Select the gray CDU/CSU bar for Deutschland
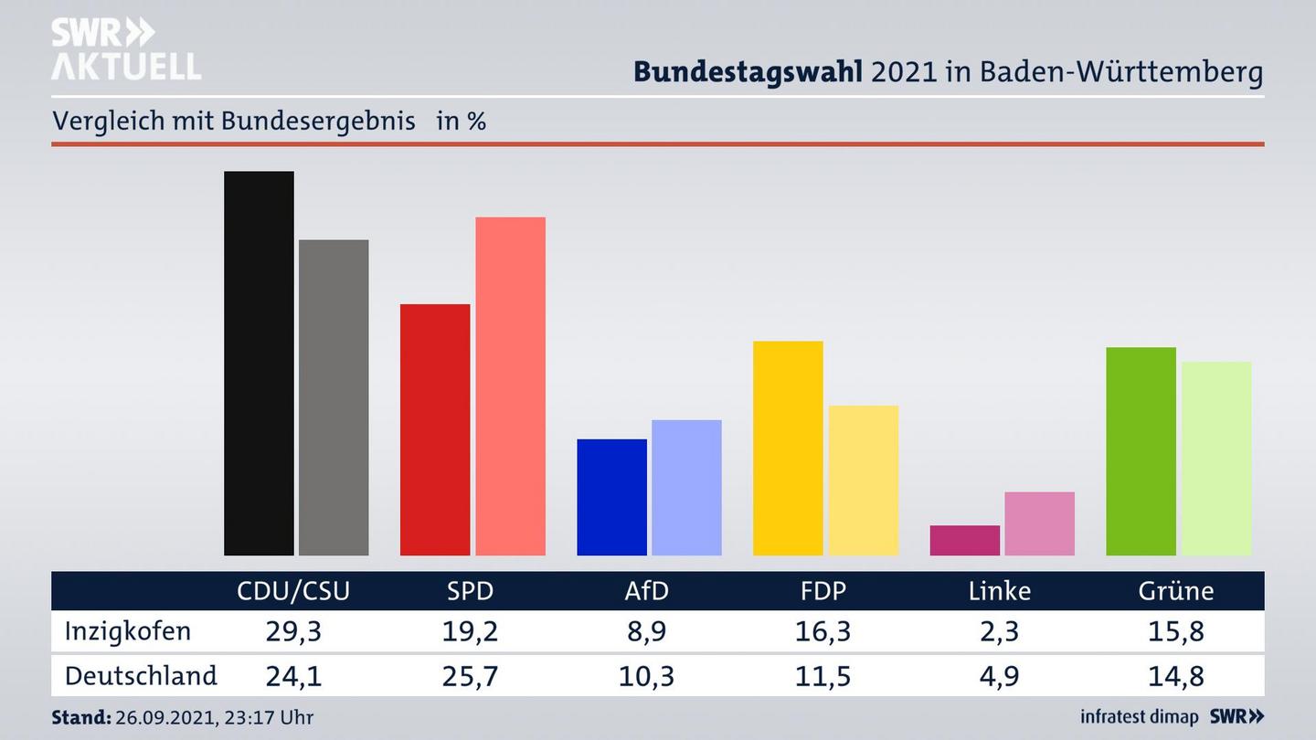click(x=334, y=397)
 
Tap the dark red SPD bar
click(x=435, y=429)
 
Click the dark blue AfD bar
click(x=611, y=497)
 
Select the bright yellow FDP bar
click(x=788, y=448)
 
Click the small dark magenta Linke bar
click(x=964, y=540)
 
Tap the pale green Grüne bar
click(x=1215, y=458)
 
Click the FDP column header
click(x=822, y=591)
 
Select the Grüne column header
click(x=1176, y=591)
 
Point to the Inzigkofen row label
click(x=128, y=631)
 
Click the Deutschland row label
click(x=141, y=676)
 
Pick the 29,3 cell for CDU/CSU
click(x=293, y=631)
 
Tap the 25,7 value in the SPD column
click(x=471, y=676)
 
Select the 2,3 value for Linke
click(x=1000, y=631)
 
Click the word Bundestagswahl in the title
click(x=748, y=72)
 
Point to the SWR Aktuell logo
click(x=125, y=49)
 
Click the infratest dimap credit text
click(x=1139, y=717)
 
